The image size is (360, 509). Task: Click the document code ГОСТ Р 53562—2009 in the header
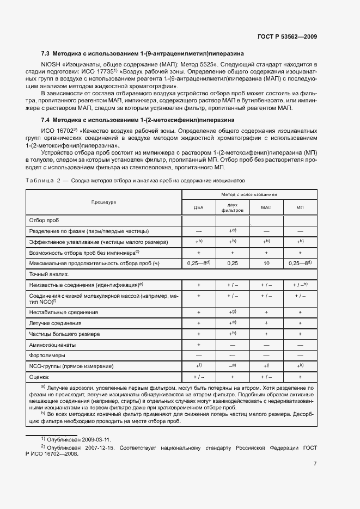(286, 36)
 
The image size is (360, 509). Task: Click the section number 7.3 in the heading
(46, 54)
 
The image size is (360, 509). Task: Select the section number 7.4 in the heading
(46, 119)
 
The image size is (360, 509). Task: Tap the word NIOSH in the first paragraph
(51, 64)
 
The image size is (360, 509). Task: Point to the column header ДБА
(199, 208)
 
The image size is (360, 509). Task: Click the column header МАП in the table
(266, 208)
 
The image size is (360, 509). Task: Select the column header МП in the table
(300, 208)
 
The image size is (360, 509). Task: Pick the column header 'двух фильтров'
(233, 208)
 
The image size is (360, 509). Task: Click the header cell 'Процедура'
(104, 202)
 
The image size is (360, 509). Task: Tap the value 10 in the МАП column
(266, 263)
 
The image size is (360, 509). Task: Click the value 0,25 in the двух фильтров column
(233, 263)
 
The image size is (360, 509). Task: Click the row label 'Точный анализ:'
(47, 274)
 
